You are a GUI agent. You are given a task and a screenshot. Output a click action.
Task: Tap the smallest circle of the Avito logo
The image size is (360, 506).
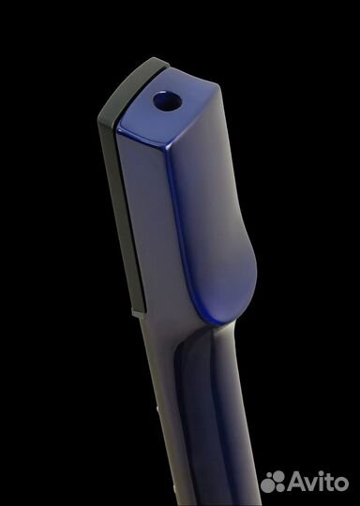(x=268, y=476)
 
